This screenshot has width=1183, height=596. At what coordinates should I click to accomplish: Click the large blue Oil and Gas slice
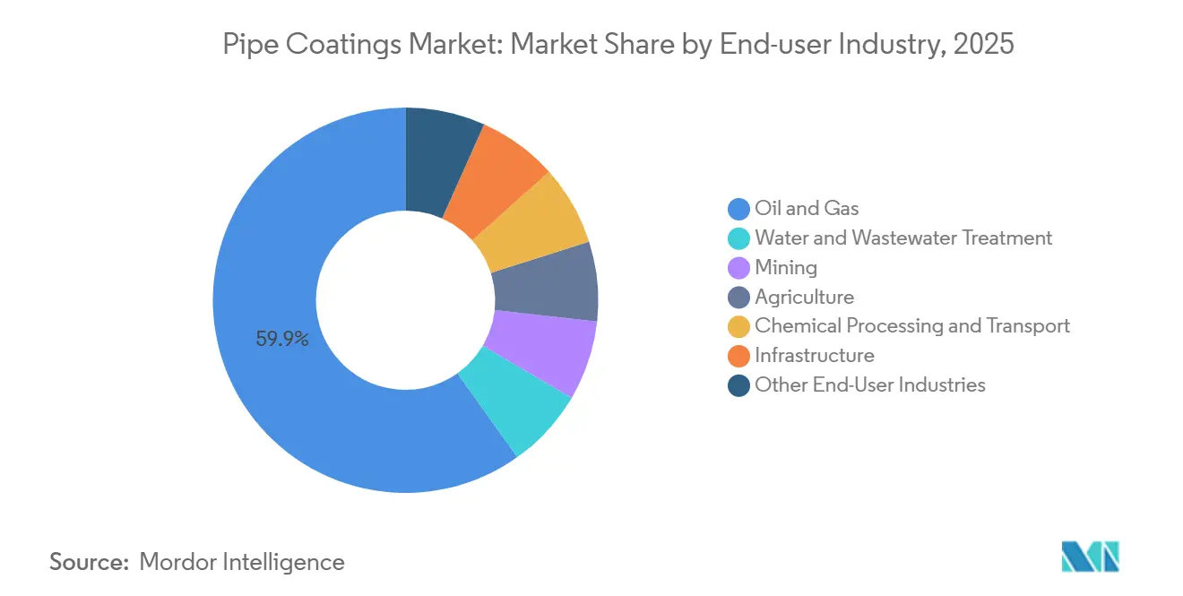(x=269, y=269)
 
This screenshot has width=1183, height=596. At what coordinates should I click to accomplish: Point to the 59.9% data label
(x=282, y=339)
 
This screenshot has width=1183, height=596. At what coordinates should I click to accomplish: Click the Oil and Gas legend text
(x=807, y=209)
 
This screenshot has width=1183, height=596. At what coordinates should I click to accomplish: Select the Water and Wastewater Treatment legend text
(x=903, y=238)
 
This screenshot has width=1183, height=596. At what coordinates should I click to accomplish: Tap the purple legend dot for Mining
(x=738, y=268)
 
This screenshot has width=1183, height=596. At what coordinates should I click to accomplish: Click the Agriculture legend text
(x=804, y=297)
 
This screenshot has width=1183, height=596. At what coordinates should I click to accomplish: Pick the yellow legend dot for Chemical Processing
(x=738, y=326)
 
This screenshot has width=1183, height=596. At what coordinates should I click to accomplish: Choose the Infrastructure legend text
(x=814, y=355)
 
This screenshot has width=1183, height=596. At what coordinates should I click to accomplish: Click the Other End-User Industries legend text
(x=869, y=384)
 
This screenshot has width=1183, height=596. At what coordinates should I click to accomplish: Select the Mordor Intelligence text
(x=242, y=562)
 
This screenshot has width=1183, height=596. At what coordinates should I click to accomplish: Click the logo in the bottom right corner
(x=1091, y=557)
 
